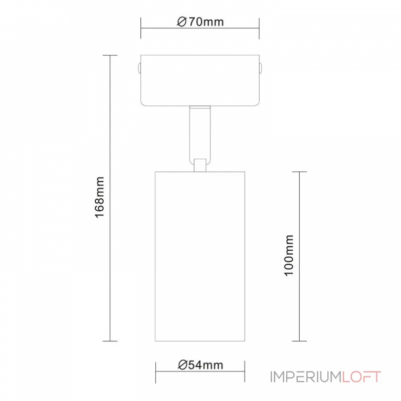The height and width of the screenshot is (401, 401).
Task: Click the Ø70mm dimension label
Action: (200, 22)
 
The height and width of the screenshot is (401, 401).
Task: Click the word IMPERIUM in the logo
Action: (306, 376)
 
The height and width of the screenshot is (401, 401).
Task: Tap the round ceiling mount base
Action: (200, 80)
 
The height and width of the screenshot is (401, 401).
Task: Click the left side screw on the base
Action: (139, 68)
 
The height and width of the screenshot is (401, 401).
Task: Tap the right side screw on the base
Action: (261, 68)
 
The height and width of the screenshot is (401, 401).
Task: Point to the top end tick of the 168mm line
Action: (110, 55)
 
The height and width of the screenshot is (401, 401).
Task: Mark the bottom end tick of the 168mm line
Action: (110, 341)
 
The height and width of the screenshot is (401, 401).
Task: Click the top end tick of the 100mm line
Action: (299, 172)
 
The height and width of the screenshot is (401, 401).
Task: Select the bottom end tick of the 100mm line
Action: (299, 341)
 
